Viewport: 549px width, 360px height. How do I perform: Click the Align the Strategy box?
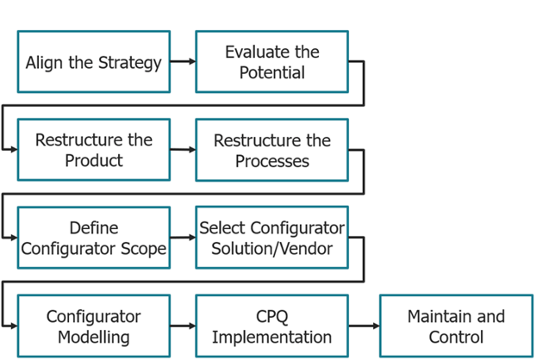[94, 62]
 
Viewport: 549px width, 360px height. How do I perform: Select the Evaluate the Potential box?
[271, 62]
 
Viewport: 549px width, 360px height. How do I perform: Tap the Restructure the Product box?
[94, 150]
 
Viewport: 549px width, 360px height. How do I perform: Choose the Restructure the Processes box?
[271, 150]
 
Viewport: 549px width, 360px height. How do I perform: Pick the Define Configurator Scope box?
[94, 238]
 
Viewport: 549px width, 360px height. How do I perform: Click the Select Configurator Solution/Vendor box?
[271, 238]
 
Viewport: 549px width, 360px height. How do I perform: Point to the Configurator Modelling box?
[94, 326]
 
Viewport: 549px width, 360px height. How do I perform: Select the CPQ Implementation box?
[271, 326]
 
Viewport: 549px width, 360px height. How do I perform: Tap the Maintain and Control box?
[456, 326]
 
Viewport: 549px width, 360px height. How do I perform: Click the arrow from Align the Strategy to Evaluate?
[183, 62]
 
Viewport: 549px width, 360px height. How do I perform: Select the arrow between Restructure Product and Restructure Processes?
[183, 150]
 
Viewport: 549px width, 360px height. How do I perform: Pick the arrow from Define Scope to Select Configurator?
[183, 238]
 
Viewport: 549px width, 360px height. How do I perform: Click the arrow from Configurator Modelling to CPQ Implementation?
[183, 326]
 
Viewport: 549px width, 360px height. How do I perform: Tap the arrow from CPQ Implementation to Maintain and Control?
[364, 326]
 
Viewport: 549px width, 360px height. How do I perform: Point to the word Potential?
[271, 73]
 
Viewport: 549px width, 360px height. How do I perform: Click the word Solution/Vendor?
[271, 249]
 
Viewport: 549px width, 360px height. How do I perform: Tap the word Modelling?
[94, 337]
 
